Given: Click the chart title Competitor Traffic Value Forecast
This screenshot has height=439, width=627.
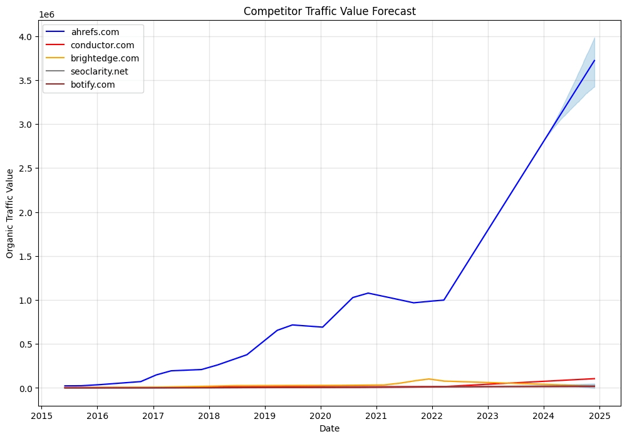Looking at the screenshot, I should tap(329, 11).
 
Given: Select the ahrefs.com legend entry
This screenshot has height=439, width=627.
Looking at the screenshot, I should tap(95, 32).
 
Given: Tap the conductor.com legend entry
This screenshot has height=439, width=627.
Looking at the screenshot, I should tap(102, 45).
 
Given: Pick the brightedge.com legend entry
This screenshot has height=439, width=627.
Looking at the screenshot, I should tap(105, 58).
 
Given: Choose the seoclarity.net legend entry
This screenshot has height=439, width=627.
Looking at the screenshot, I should tap(100, 71).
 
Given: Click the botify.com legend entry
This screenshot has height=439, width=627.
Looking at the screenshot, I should tap(93, 85).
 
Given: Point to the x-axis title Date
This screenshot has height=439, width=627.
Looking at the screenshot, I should tap(329, 428).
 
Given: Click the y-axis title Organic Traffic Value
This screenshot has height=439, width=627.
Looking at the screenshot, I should tap(10, 213).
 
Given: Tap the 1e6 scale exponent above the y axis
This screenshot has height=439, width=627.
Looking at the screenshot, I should tap(46, 14).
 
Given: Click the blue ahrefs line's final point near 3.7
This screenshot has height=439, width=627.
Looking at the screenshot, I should tap(594, 61).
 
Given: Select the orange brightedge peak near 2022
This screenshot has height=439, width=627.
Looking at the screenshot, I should tap(429, 379).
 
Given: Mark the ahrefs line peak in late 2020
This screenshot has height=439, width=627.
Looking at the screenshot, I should tap(368, 293).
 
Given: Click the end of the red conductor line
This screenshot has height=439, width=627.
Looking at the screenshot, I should tap(594, 378).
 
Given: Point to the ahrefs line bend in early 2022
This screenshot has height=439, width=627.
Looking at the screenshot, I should tap(444, 300).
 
